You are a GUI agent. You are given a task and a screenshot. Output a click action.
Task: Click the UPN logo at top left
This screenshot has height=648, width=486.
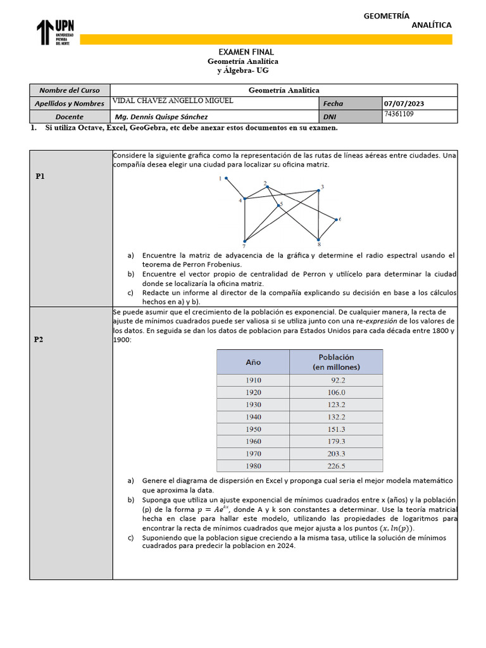[56, 32]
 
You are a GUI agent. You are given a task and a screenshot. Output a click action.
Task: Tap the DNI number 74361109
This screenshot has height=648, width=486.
[399, 114]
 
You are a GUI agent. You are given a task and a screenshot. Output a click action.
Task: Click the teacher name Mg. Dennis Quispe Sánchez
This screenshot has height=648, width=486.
[161, 117]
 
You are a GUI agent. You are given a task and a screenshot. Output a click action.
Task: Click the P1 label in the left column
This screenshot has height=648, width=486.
[40, 177]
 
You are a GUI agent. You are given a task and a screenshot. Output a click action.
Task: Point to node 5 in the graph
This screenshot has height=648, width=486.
[278, 205]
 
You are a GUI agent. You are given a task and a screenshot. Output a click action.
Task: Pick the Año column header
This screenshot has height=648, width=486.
[253, 363]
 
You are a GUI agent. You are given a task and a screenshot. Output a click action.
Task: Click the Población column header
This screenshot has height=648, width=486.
[336, 362]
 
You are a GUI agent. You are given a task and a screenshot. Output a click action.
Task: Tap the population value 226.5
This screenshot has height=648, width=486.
[336, 466]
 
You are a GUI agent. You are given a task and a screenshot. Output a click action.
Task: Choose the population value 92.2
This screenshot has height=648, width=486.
[337, 380]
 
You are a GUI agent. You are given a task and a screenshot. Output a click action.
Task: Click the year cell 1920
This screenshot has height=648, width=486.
[253, 392]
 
